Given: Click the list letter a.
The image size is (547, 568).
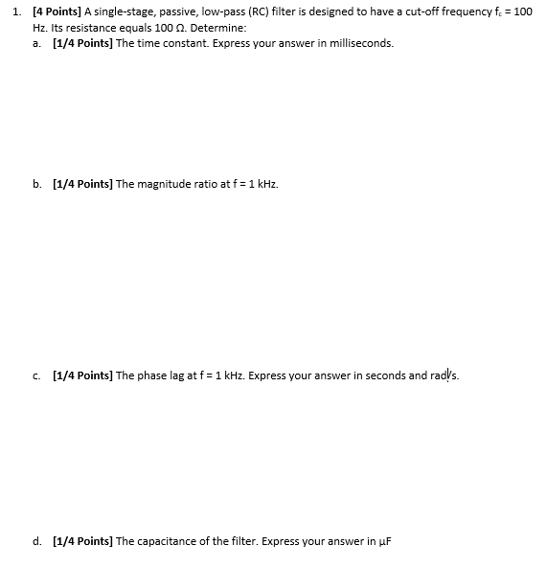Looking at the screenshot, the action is [36, 43].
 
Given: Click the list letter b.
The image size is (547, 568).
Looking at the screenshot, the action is [36, 183].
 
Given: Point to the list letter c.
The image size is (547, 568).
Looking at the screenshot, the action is [36, 376].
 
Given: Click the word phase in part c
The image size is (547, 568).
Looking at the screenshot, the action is [150, 376].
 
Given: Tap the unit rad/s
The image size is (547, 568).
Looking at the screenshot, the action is [444, 376].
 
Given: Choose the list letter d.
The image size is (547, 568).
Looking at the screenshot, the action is [36, 541].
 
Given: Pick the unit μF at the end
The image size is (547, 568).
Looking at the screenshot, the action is [385, 541].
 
